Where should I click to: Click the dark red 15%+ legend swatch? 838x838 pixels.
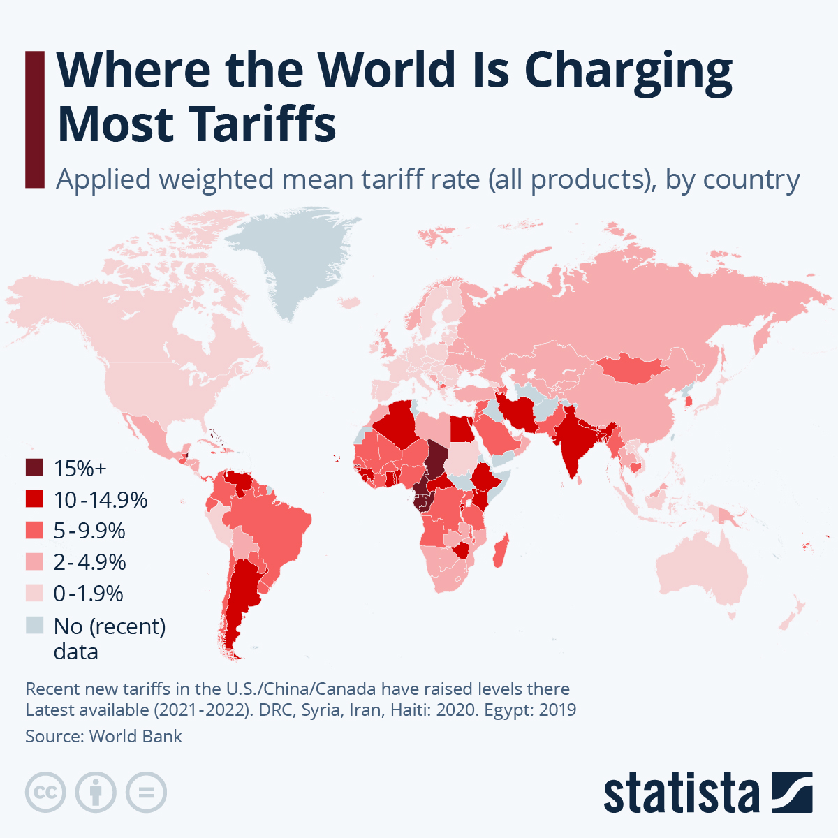(x=34, y=468)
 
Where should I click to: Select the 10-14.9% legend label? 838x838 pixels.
(x=101, y=500)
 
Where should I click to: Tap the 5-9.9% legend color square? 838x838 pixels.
(x=34, y=531)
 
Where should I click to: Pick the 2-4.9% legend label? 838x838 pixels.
(x=89, y=562)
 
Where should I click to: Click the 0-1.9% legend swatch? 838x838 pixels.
(x=34, y=594)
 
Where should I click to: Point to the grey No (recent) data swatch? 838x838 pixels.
(x=34, y=625)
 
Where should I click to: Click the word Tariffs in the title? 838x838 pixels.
(x=263, y=124)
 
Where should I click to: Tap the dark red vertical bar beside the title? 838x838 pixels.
(x=34, y=119)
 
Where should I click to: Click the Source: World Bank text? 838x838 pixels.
(x=103, y=736)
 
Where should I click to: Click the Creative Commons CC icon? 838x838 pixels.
(x=45, y=793)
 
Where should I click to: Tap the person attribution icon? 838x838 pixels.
(x=96, y=793)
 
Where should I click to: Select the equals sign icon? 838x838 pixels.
(x=147, y=793)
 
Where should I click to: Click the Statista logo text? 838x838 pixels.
(x=681, y=794)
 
